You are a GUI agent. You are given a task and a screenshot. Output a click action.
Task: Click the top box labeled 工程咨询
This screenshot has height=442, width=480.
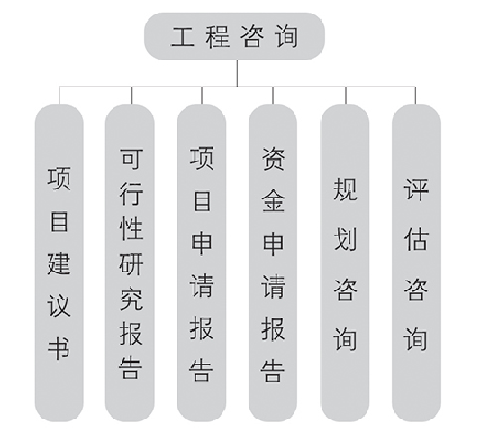pyautogui.click(x=234, y=36)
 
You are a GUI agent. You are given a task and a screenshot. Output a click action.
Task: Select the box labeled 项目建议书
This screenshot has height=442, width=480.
pyautogui.click(x=59, y=262)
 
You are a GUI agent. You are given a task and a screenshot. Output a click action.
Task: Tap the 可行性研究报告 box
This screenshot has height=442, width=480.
pyautogui.click(x=130, y=262)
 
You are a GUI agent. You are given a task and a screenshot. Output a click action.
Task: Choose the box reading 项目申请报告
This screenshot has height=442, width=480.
pyautogui.click(x=202, y=262)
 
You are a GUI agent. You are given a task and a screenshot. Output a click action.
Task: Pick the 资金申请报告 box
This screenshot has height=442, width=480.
pyautogui.click(x=273, y=262)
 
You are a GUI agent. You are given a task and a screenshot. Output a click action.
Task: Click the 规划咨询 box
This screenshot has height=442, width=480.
pyautogui.click(x=345, y=262)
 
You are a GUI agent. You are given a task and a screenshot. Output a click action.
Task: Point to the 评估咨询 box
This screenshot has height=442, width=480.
pyautogui.click(x=416, y=262)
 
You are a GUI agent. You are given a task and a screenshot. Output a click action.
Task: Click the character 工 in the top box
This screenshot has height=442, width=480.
pyautogui.click(x=183, y=37)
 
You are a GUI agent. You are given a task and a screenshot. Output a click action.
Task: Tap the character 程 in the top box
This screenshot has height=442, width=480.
pyautogui.click(x=218, y=37)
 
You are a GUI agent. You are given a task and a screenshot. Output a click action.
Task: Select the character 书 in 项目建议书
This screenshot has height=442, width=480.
pyautogui.click(x=59, y=349)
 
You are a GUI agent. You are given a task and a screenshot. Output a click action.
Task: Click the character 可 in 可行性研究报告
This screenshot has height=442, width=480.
pyautogui.click(x=131, y=159)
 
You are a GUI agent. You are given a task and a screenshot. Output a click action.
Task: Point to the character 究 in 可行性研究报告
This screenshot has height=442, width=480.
pyautogui.click(x=131, y=299)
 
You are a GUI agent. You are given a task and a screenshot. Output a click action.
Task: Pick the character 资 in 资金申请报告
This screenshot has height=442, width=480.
pyautogui.click(x=274, y=159)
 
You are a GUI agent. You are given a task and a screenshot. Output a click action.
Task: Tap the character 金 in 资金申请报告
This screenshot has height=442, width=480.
pyautogui.click(x=274, y=200)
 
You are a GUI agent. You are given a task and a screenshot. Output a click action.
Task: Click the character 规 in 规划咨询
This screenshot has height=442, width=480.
pyautogui.click(x=345, y=189)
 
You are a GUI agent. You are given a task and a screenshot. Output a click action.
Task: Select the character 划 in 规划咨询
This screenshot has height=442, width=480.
pyautogui.click(x=345, y=239)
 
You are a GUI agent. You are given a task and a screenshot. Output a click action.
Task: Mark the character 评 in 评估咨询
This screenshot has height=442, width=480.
pyautogui.click(x=416, y=189)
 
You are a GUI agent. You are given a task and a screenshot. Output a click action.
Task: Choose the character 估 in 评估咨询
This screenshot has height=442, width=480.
pyautogui.click(x=416, y=239)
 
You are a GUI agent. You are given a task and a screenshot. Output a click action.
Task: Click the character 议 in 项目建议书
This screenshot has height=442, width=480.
pyautogui.click(x=59, y=306)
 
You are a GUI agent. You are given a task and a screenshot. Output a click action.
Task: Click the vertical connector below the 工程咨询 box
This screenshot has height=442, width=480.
pyautogui.click(x=237, y=73)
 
